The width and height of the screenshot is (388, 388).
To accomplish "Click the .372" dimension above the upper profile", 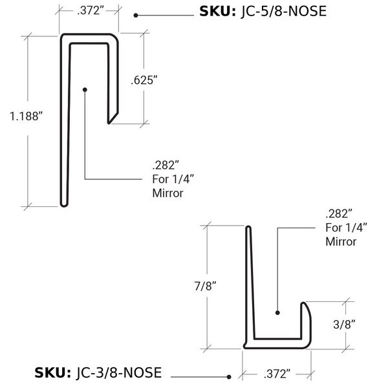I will pos(89,10).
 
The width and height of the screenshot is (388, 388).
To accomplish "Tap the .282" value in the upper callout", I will pos(165,163).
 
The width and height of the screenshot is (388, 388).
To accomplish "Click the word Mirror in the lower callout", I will pos(340,242).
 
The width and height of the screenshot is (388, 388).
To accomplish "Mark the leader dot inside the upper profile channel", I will pos(85,89).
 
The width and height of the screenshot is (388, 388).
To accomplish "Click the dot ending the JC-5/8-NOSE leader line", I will pos(136,15).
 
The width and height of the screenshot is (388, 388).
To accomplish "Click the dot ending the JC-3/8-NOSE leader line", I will pos(229,376).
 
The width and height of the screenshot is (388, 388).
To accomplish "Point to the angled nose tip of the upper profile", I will pos(112,118).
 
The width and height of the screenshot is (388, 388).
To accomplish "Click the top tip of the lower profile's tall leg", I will pos(247,228).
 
